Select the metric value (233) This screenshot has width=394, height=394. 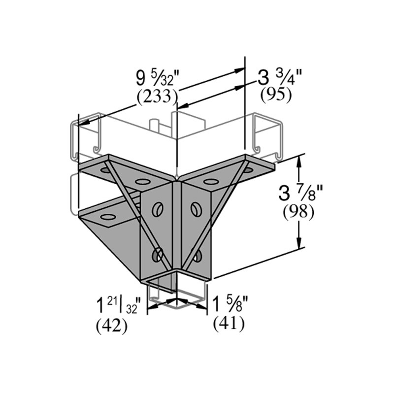pyautogui.click(x=157, y=97)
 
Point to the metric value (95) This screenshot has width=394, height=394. pyautogui.click(x=276, y=95)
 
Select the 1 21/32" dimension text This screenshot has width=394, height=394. pyautogui.click(x=120, y=306)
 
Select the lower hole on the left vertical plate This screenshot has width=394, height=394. pyautogui.click(x=158, y=255)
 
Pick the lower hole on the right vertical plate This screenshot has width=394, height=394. pyautogui.click(x=197, y=255)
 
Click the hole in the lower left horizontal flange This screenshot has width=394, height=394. pyautogui.click(x=107, y=217)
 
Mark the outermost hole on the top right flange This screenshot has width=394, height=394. pyautogui.click(x=248, y=170)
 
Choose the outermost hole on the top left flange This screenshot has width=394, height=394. pyautogui.click(x=105, y=170)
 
